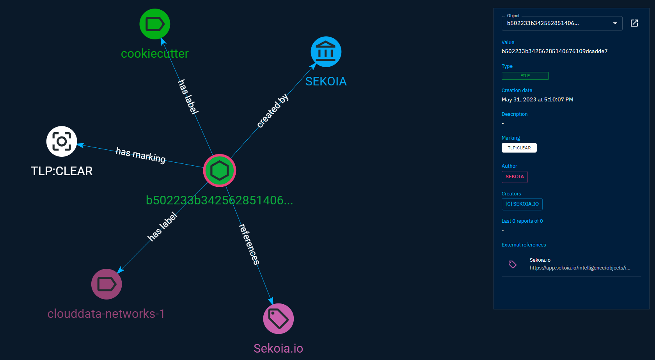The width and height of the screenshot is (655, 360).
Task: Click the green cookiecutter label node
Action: coord(155,24)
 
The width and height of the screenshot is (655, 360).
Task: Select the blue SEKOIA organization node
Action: coord(326,52)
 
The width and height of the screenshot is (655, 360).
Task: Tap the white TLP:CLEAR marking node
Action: coord(62,141)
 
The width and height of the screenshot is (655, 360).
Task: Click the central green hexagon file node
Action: coord(220,170)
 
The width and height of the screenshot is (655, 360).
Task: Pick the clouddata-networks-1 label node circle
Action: coord(107,284)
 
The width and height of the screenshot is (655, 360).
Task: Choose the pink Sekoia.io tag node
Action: coord(278,319)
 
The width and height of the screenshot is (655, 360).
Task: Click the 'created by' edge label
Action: coord(273,111)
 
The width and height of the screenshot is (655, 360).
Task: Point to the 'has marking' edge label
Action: coord(140,155)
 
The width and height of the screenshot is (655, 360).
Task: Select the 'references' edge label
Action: coord(249,244)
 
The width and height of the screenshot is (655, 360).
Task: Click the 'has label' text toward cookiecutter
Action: coord(188,96)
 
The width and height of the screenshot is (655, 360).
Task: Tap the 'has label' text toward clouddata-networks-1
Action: coord(162,227)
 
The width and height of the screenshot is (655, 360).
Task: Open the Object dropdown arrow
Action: coord(615,23)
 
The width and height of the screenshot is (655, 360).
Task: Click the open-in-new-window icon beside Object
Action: coord(634,23)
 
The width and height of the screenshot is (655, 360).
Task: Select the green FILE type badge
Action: coord(525,76)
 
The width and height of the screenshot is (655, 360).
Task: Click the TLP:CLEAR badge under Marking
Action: coord(519,148)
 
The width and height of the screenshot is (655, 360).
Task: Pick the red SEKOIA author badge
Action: coord(515,177)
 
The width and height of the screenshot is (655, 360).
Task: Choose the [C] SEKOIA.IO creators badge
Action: coord(522,204)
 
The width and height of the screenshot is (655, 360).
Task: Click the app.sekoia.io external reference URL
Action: coord(580,268)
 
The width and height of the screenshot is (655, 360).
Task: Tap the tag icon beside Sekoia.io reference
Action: coord(513,264)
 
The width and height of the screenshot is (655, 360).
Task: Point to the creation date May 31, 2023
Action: coord(537,100)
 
